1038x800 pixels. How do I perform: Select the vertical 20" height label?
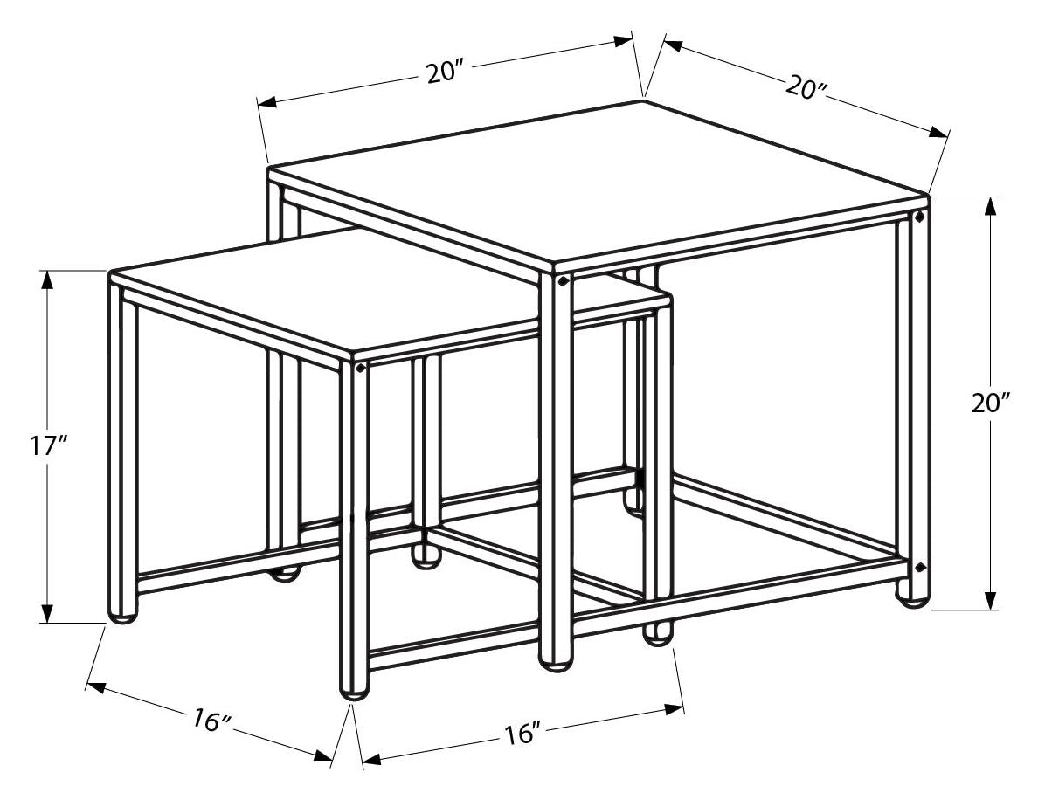point(991,403)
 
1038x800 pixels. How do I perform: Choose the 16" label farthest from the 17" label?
point(523,733)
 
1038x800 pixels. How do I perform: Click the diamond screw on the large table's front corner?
point(563,281)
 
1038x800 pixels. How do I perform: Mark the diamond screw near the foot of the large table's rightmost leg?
point(919,567)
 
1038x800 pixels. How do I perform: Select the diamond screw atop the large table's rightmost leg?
point(919,217)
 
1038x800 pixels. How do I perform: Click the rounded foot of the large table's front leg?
point(555,664)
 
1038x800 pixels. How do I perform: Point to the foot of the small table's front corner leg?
point(354,693)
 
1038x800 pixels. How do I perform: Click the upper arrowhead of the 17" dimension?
point(47,280)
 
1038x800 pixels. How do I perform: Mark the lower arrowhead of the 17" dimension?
point(47,613)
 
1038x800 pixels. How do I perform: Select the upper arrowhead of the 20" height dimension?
point(991,207)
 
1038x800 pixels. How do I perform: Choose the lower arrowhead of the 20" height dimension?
point(991,599)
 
